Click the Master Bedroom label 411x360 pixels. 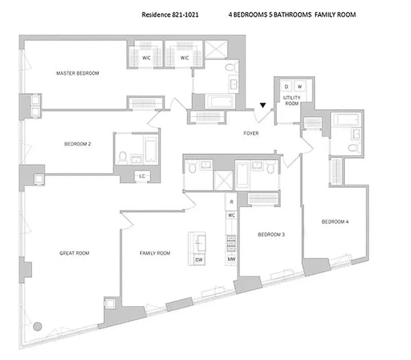click(x=77, y=73)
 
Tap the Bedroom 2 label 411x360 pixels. click(x=78, y=144)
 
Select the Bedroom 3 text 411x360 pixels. click(x=271, y=234)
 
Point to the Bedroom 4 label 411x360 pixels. click(x=335, y=221)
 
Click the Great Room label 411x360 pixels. click(x=74, y=253)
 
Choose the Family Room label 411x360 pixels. click(x=155, y=253)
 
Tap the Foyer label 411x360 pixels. click(x=250, y=133)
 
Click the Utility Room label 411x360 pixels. click(x=290, y=100)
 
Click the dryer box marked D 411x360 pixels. click(x=286, y=86)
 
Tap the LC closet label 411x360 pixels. click(x=142, y=176)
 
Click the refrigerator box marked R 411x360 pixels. click(x=231, y=202)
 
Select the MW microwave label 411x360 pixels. click(x=231, y=260)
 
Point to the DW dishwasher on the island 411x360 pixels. click(x=198, y=260)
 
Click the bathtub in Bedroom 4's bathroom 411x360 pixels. click(x=346, y=120)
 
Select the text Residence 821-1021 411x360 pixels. click(x=170, y=14)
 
